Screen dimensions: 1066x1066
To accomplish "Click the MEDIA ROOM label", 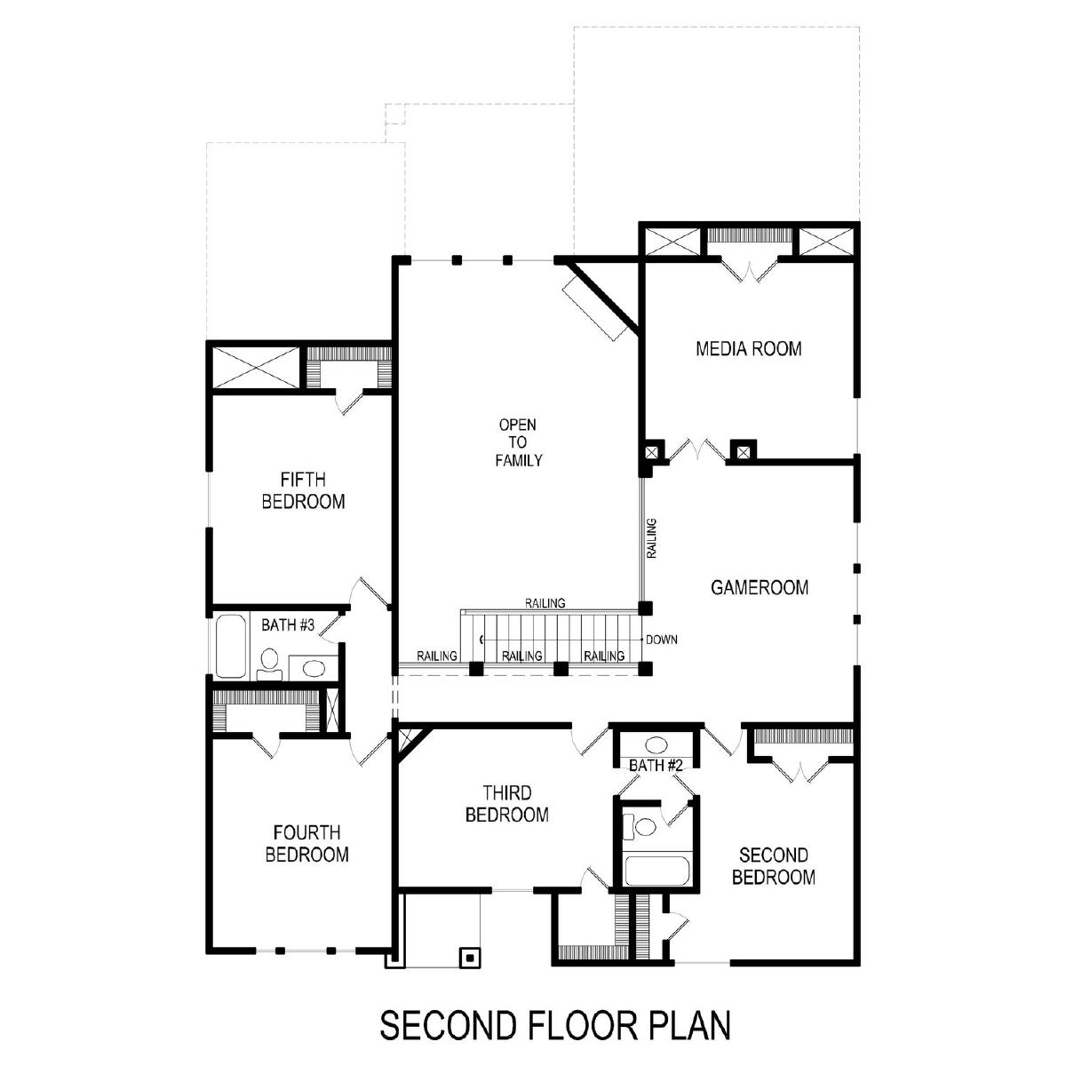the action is [748, 348].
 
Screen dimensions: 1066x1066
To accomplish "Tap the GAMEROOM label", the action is [759, 587].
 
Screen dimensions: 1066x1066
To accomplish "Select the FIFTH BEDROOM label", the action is [303, 490].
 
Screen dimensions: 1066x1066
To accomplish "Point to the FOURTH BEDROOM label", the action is [307, 843].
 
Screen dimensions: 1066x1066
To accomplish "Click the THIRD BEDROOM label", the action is [506, 803].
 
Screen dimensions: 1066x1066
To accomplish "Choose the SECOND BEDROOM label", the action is [774, 866].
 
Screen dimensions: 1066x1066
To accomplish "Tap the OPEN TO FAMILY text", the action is [518, 442].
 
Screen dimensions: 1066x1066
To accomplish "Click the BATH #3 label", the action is [288, 625].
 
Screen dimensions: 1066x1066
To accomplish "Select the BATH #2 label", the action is [656, 766].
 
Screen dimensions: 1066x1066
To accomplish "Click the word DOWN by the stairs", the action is [662, 640].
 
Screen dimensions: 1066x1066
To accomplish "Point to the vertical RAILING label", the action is [652, 538].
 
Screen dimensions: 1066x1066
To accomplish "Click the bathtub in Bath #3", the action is [231, 646].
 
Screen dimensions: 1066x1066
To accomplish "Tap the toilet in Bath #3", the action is [269, 664].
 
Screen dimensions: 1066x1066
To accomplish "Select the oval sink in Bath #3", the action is [313, 668].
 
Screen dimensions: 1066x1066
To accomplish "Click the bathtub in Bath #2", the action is [656, 871].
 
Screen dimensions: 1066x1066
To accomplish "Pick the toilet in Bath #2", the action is [640, 827].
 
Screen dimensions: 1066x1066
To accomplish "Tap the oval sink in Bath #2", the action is [656, 744].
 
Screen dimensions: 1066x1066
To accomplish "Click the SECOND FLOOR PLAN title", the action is [555, 1025].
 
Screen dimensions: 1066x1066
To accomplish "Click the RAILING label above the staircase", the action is [545, 603].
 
